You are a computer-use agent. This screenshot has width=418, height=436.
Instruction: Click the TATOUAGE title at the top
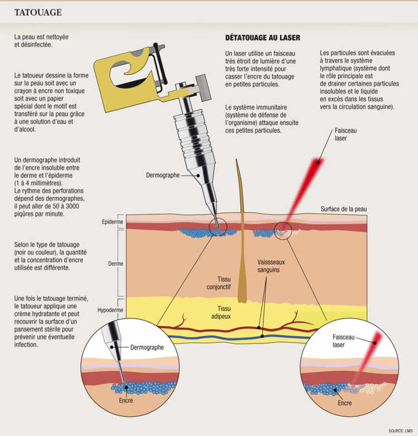(x=38, y=12)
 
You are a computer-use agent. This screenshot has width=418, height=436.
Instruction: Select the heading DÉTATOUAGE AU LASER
(x=262, y=38)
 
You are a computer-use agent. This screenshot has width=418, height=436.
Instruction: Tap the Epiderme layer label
(x=112, y=221)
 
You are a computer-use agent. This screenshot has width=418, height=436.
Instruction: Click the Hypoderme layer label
(x=110, y=308)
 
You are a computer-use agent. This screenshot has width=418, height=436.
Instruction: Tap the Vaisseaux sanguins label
(x=269, y=265)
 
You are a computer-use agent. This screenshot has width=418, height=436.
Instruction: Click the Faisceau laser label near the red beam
(x=345, y=133)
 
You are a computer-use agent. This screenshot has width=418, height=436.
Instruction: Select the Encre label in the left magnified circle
(x=126, y=399)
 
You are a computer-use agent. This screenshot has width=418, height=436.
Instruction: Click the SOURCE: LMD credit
(x=401, y=430)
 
